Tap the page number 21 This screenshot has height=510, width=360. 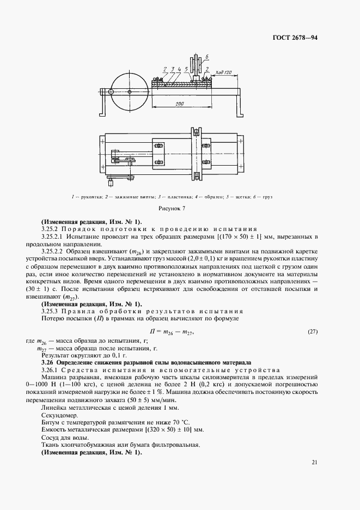(x=314, y=463)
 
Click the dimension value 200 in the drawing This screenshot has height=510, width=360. (x=179, y=104)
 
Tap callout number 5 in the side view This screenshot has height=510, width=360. (x=186, y=69)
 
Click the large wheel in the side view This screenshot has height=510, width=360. (x=129, y=92)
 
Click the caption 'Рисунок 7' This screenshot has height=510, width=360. (x=180, y=208)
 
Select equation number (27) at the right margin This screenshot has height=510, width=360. (x=313, y=332)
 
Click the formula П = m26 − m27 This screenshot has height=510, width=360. (x=172, y=332)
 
